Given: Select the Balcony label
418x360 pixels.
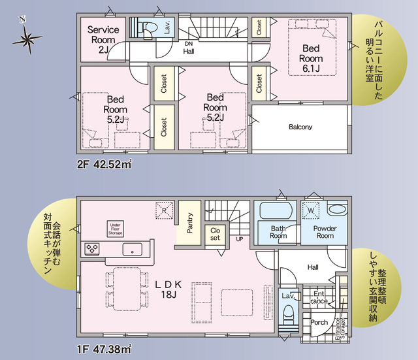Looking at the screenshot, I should point(300,127).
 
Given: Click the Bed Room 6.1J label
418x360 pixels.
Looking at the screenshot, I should point(310,58).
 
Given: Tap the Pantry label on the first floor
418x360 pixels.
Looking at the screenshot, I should point(189,223).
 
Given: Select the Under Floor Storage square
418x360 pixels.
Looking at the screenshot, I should point(116,228).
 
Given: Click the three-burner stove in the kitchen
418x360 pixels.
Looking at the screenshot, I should point(91,249).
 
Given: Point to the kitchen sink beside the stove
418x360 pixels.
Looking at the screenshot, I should point(133,249).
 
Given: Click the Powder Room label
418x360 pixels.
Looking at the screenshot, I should point(324,232).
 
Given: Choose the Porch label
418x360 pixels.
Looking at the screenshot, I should point(319,323).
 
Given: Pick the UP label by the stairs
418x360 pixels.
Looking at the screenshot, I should point(240,240).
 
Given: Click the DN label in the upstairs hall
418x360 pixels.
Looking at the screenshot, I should point(188,44).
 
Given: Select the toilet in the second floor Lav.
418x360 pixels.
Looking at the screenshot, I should point(147,27).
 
